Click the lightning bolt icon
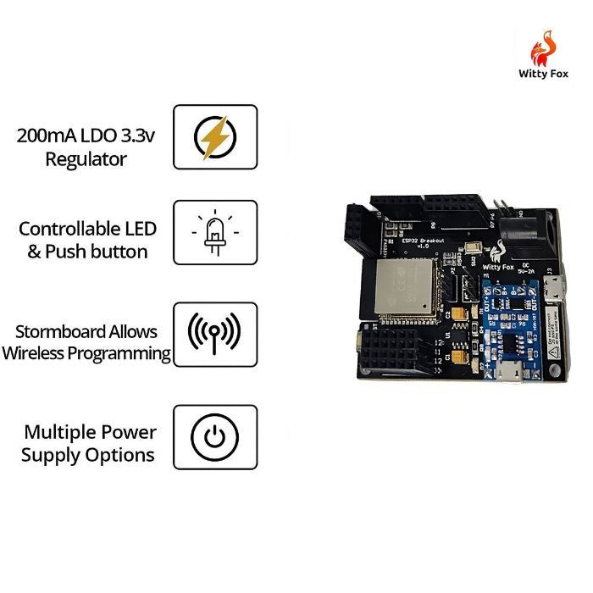click(x=215, y=137)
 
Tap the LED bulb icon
click(x=215, y=232)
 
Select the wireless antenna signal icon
click(x=214, y=333)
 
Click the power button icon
click(x=215, y=436)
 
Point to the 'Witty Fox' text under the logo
click(x=544, y=74)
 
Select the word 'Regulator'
click(x=86, y=159)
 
